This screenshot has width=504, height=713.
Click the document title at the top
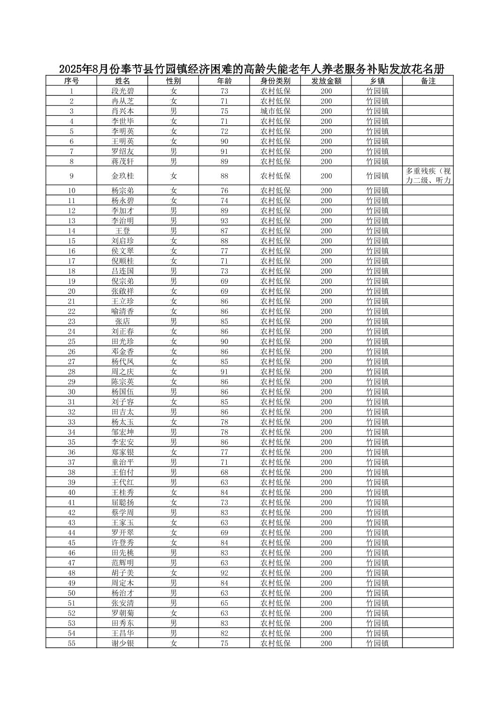pos(252,69)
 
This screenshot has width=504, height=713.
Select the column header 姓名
pos(122,81)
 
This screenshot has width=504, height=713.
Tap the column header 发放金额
pos(326,81)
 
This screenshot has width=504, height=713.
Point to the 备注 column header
pos(428,81)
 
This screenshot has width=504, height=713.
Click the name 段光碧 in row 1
pos(122,91)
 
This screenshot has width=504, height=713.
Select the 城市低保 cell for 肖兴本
pos(275,111)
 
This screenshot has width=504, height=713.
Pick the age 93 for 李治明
pos(224,220)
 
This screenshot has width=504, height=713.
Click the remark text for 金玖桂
pos(428,176)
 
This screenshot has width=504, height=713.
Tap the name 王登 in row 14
pos(122,231)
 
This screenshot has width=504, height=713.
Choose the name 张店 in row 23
pos(122,321)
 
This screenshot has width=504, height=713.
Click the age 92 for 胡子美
pos(224,573)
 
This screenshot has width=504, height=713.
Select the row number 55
pos(71,643)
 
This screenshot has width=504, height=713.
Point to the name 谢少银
pos(122,643)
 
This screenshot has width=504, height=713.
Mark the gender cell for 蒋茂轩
pos(174,161)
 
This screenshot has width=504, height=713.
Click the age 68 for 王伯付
pos(224,472)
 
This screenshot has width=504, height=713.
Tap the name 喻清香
pos(122,311)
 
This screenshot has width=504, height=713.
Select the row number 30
pos(71,392)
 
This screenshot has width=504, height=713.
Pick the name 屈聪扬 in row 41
pos(122,502)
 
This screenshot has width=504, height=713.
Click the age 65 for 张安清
pos(224,603)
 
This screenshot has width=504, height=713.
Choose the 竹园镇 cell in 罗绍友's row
pos(377,152)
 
